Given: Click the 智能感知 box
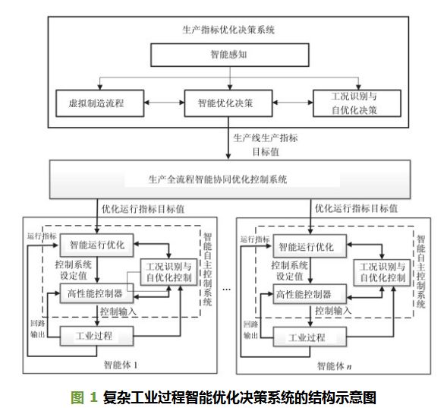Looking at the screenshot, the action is [x=229, y=55].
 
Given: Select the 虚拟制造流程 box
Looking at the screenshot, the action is [x=99, y=103].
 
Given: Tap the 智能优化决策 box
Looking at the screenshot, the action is [x=228, y=103].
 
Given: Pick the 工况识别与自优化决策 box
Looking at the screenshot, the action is [x=357, y=103].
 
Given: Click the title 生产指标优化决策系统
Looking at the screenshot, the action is [x=228, y=30].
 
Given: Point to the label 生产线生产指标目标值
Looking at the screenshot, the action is [x=266, y=144].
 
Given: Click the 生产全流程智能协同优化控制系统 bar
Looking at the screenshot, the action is [x=230, y=179].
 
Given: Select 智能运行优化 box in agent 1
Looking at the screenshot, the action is [x=96, y=245].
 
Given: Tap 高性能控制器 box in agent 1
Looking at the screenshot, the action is [x=96, y=293].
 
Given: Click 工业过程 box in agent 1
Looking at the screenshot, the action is [x=96, y=336].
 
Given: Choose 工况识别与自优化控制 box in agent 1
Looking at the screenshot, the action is [x=168, y=272].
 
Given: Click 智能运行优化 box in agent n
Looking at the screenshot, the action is [x=310, y=246].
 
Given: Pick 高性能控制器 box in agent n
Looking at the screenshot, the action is [x=310, y=294].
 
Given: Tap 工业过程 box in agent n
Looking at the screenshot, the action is [x=310, y=337].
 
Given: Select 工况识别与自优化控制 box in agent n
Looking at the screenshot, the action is [x=382, y=273].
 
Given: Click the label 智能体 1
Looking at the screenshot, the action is [x=121, y=365].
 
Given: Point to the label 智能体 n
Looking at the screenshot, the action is [x=334, y=365].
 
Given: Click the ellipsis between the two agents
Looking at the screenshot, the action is [x=227, y=290].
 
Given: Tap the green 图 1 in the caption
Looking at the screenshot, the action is [x=83, y=397].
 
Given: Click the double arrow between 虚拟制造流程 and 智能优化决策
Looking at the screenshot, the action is [x=164, y=103].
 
